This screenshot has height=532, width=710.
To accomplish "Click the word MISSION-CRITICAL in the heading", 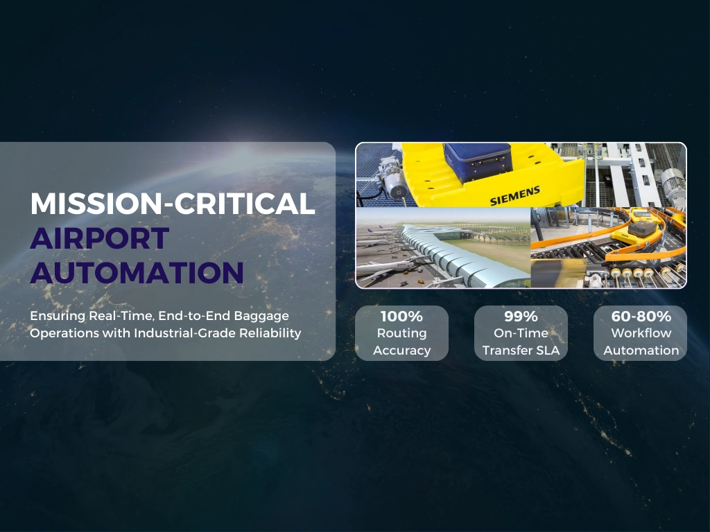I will (172, 203).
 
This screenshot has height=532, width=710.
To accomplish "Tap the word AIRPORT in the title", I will (99, 238).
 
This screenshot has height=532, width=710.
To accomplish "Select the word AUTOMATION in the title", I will (137, 272).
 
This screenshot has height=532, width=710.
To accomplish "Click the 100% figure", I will (401, 317).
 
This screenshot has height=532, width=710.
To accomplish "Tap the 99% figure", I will (521, 317).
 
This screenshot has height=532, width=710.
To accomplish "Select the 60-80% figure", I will (641, 317).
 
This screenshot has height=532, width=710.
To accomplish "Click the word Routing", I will (401, 333).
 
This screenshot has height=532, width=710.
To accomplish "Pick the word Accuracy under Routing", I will (401, 351).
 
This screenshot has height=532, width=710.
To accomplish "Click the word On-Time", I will (521, 333).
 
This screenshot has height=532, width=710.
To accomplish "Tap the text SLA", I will (547, 351).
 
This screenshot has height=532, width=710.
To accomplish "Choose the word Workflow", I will (641, 333).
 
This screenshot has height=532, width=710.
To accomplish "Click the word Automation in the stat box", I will (641, 351).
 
